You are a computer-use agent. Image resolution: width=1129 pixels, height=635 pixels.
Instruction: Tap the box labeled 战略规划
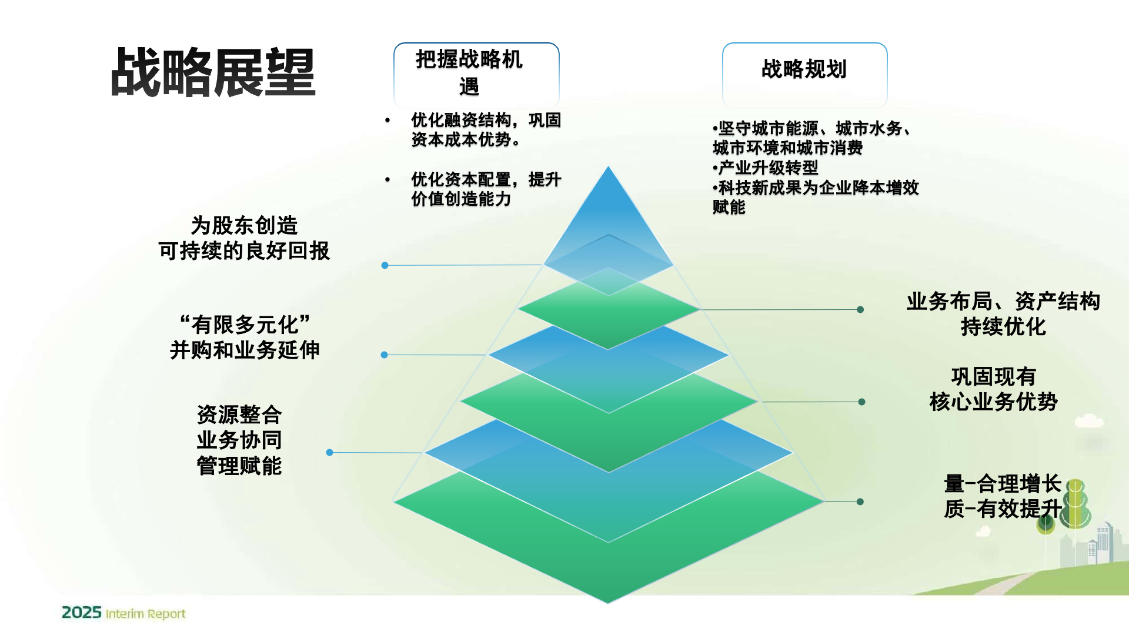coord(804,71)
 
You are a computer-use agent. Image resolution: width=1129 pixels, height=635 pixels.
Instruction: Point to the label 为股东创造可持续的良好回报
coord(243,238)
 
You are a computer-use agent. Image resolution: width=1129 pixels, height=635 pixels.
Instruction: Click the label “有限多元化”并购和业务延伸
coord(245,337)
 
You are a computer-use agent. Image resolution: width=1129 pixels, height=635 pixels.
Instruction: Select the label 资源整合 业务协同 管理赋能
coord(239,440)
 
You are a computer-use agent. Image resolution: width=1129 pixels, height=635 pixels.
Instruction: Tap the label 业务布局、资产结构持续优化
coord(1003,314)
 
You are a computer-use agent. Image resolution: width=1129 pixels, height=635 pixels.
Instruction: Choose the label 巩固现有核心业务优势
coord(993,389)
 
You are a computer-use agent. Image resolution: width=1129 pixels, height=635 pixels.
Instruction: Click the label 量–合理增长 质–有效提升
coord(1003,496)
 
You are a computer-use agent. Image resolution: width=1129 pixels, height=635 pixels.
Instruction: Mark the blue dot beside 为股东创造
coord(385,265)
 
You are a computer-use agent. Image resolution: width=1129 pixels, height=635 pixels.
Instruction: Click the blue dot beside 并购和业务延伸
coord(385,355)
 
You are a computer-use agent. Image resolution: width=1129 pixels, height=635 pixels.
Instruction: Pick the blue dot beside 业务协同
coord(330,452)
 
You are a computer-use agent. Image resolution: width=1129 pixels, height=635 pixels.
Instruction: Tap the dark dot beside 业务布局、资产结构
coord(860,309)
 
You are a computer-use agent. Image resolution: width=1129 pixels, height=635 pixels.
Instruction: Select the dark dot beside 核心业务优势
coord(861,402)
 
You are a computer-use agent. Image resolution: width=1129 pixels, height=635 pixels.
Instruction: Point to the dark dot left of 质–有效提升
coord(860,502)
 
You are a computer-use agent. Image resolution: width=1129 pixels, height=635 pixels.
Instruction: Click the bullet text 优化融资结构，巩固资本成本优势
coord(485,130)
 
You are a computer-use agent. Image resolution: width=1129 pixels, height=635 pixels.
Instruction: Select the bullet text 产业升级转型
coord(767,168)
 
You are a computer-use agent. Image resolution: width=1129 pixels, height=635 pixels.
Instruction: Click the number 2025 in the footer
coord(82,613)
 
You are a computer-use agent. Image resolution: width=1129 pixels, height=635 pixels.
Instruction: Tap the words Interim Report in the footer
coord(145,614)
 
